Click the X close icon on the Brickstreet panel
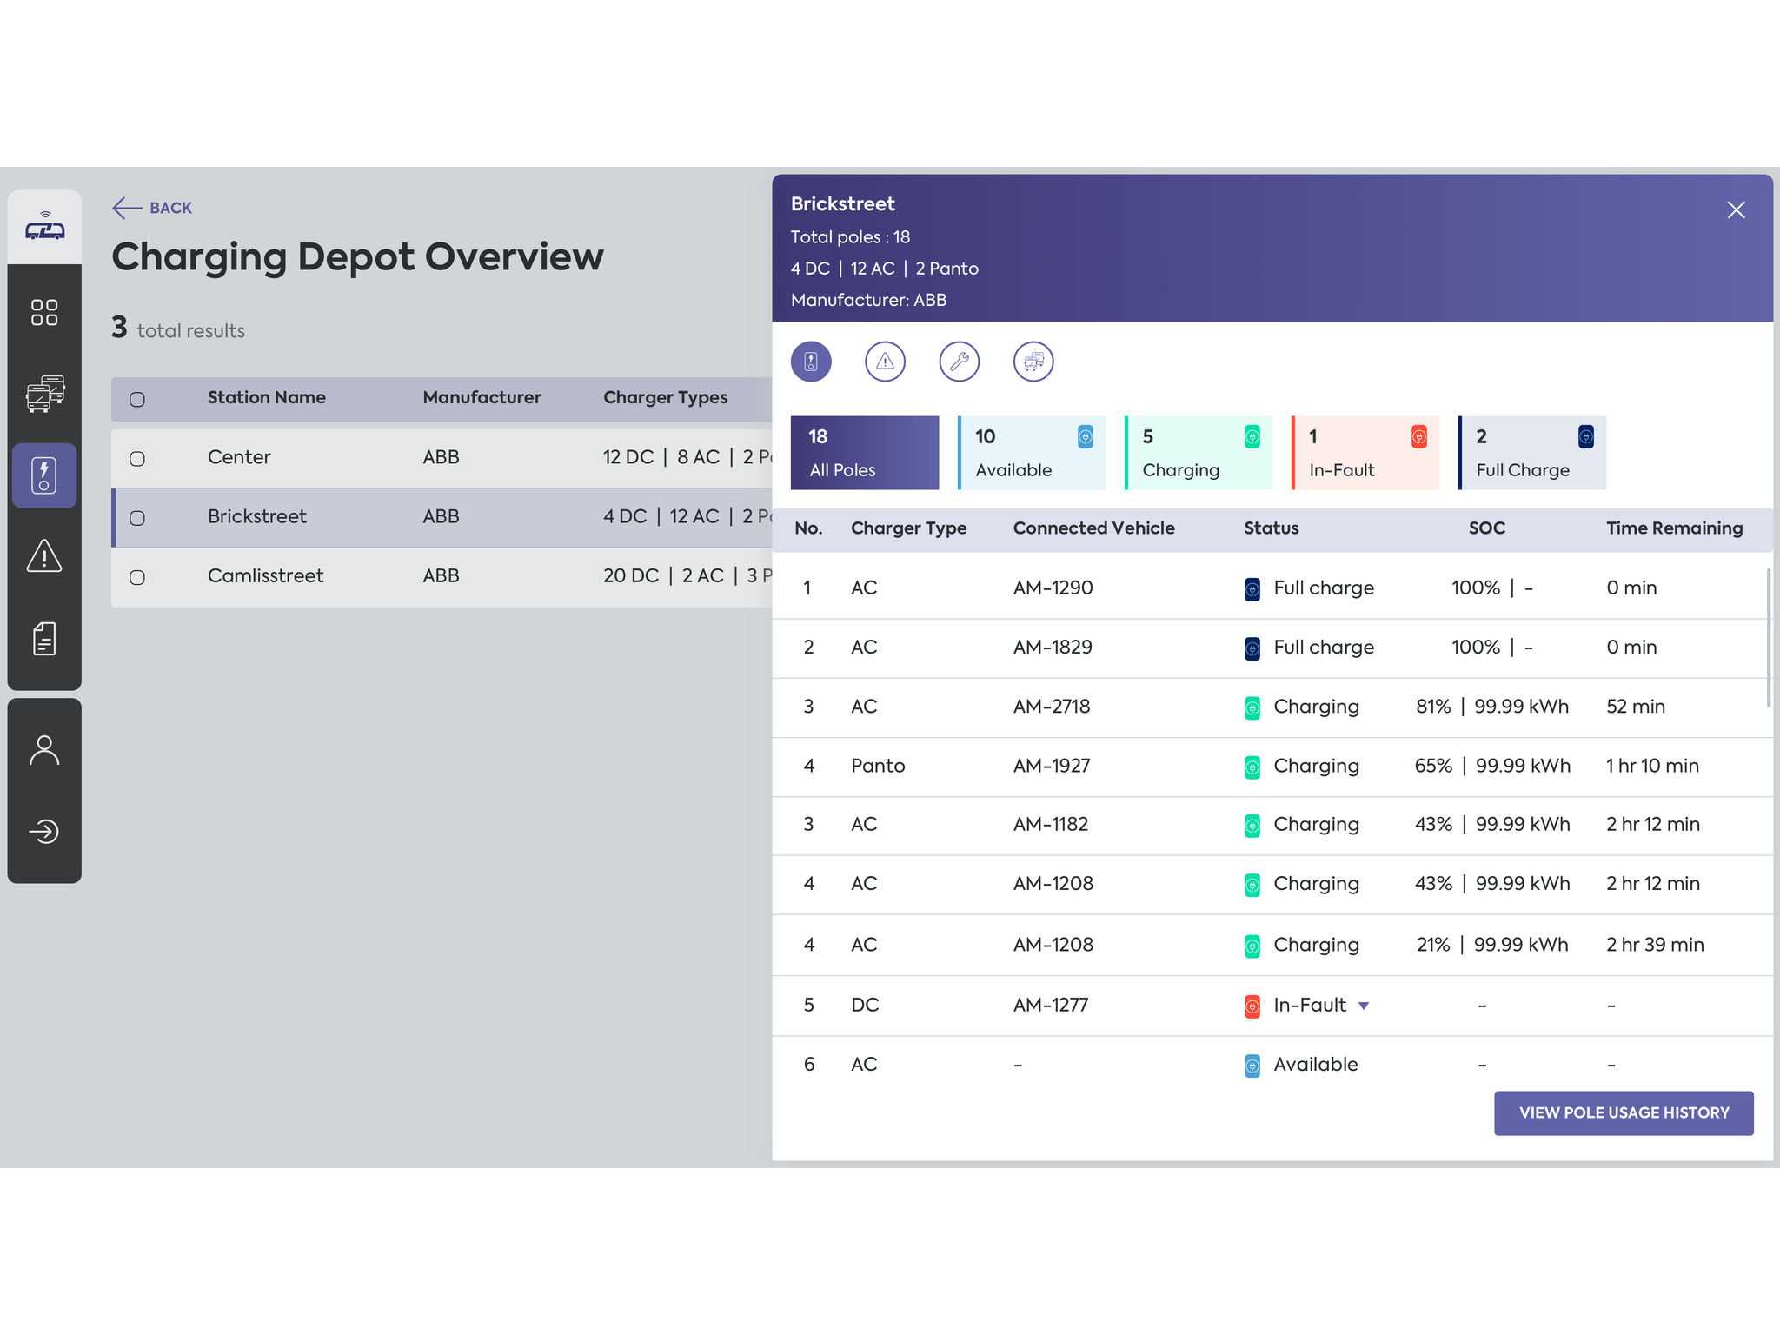click(1736, 210)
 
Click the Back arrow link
click(153, 208)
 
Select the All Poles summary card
click(864, 453)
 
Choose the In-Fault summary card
click(1365, 453)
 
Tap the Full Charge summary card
click(1531, 453)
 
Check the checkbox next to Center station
click(137, 459)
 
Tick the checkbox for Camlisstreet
click(137, 578)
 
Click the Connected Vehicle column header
click(1093, 528)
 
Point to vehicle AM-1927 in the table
click(1052, 766)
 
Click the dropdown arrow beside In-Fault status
click(1364, 1006)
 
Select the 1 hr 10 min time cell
click(1651, 766)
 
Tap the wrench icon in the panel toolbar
click(959, 362)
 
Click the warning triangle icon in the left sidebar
click(44, 556)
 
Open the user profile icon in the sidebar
click(44, 750)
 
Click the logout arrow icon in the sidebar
click(44, 832)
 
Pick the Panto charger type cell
click(878, 766)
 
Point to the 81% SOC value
click(1433, 707)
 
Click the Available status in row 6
click(1314, 1065)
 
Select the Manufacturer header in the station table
click(482, 398)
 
